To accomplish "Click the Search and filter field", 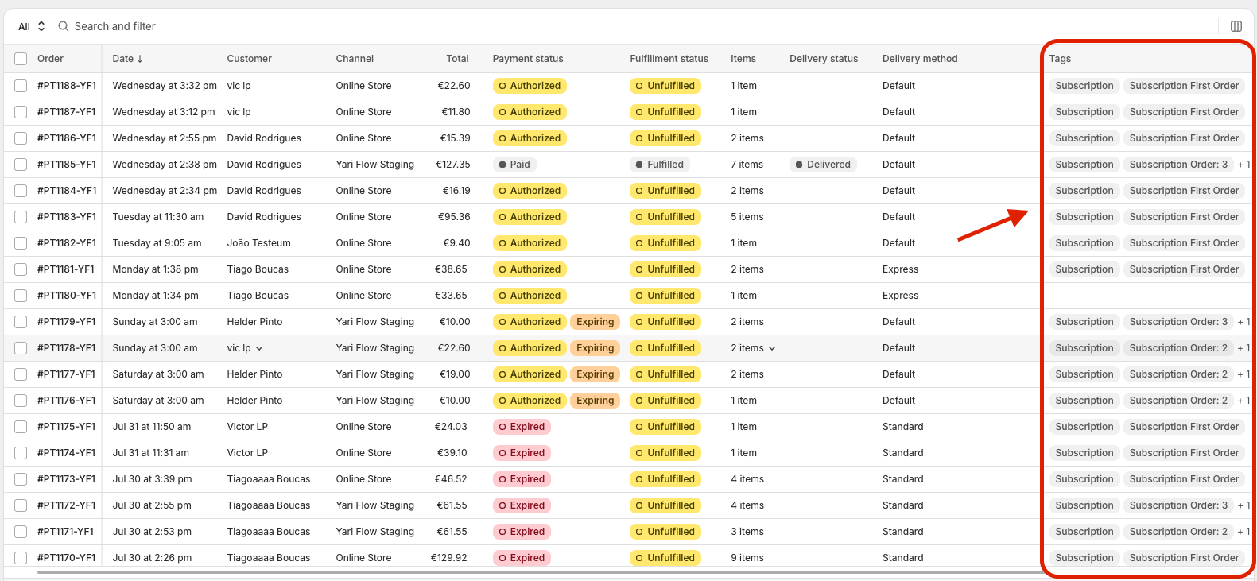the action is click(115, 26).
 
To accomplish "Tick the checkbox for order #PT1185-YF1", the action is click(21, 165).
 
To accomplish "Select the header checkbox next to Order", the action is click(21, 58).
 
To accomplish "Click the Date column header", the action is click(128, 58).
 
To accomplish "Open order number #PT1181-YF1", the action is click(66, 269).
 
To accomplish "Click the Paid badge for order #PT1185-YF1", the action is click(514, 165).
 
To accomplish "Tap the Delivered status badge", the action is click(823, 165).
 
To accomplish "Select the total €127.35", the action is click(453, 165).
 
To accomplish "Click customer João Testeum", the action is click(258, 243).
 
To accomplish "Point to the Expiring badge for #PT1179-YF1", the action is click(595, 321).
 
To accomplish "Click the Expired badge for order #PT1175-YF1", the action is click(522, 426).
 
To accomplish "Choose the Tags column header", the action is click(1060, 58).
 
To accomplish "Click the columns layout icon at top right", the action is click(1236, 26).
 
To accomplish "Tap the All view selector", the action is click(32, 26).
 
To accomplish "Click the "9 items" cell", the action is click(747, 557).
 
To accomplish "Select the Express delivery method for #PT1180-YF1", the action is click(900, 296).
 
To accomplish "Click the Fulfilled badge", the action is click(659, 165).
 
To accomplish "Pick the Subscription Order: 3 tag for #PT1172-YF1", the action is click(1178, 505).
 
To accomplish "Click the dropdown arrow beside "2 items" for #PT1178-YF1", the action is click(772, 348).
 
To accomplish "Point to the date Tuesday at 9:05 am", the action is click(157, 243).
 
